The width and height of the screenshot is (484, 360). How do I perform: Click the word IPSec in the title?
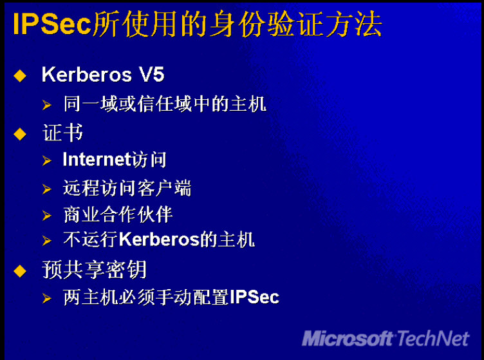tap(52, 24)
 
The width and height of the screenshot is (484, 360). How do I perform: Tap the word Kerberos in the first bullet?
tap(87, 75)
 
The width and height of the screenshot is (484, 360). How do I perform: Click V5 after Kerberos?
tap(151, 75)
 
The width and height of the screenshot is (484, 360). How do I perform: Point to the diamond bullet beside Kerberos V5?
tap(20, 75)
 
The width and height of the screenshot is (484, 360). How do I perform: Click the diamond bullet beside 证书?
tap(20, 134)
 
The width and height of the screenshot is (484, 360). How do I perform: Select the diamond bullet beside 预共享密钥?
tap(20, 270)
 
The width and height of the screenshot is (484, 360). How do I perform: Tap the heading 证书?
tap(62, 133)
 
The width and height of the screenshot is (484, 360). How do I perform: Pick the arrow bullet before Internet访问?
tap(47, 160)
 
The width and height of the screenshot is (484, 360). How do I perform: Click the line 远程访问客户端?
tap(127, 187)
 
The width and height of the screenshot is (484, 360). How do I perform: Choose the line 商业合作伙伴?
tap(118, 214)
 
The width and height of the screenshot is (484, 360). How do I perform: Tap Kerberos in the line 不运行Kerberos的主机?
tap(159, 240)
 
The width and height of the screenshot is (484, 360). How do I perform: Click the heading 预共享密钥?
tap(94, 270)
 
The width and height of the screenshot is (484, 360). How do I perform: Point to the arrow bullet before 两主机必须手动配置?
tap(47, 298)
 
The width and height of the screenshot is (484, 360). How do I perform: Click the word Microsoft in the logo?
tap(348, 338)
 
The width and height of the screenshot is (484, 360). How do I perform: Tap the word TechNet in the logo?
tap(433, 338)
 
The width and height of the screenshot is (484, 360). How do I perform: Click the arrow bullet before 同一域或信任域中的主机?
tap(47, 105)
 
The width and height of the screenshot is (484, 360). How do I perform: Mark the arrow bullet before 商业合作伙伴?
tap(47, 216)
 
